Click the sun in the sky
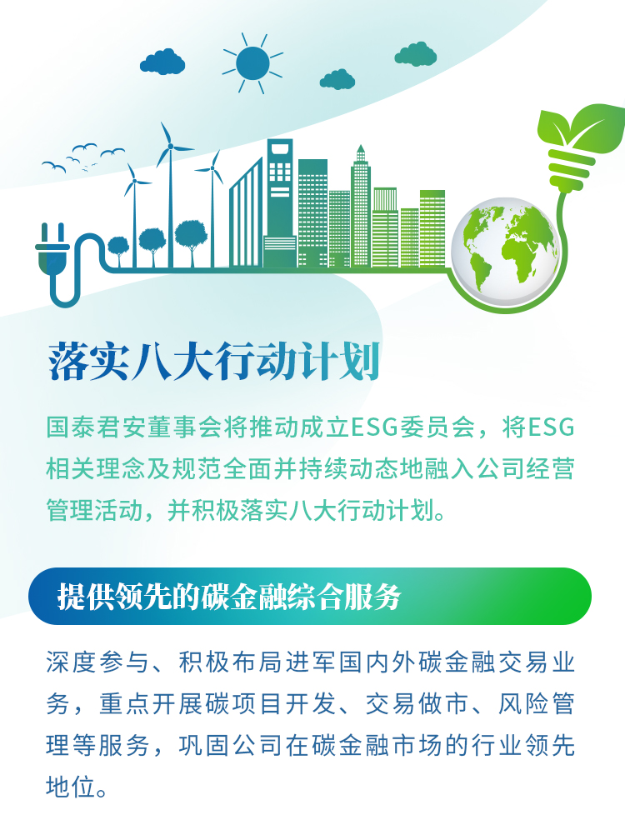[x=252, y=63]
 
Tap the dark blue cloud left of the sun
[x=162, y=62]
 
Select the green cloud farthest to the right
[x=416, y=54]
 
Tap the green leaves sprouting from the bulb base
[x=580, y=127]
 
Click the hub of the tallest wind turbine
[x=170, y=146]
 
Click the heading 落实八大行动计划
[x=214, y=362]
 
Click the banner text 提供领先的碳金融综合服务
[x=229, y=596]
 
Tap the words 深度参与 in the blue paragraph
[x=97, y=662]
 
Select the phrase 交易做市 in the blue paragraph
[x=417, y=704]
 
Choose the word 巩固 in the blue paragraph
[x=204, y=745]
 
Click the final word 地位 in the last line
[x=71, y=787]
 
